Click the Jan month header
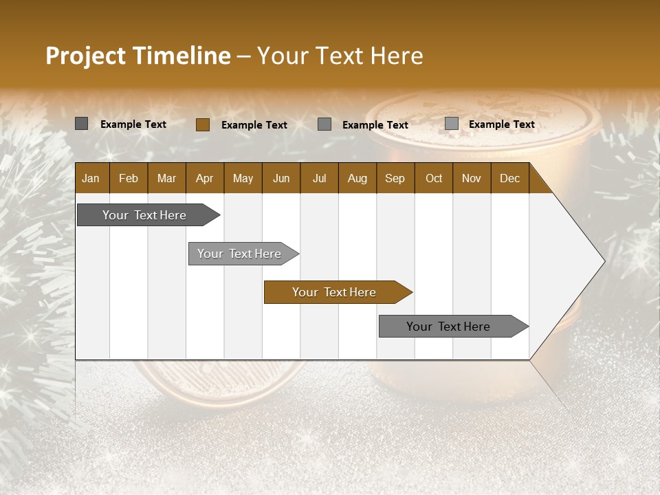pyautogui.click(x=91, y=179)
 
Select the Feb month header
pyautogui.click(x=129, y=179)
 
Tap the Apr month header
pyautogui.click(x=204, y=179)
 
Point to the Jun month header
pyautogui.click(x=281, y=179)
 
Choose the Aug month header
pyautogui.click(x=357, y=179)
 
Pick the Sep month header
pyautogui.click(x=395, y=179)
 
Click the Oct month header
pyautogui.click(x=434, y=179)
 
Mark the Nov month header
pyautogui.click(x=472, y=179)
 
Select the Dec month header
pyautogui.click(x=509, y=179)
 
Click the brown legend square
pyautogui.click(x=203, y=124)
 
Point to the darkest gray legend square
pyautogui.click(x=82, y=124)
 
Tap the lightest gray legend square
pyautogui.click(x=452, y=124)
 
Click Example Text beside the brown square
pyautogui.click(x=254, y=125)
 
